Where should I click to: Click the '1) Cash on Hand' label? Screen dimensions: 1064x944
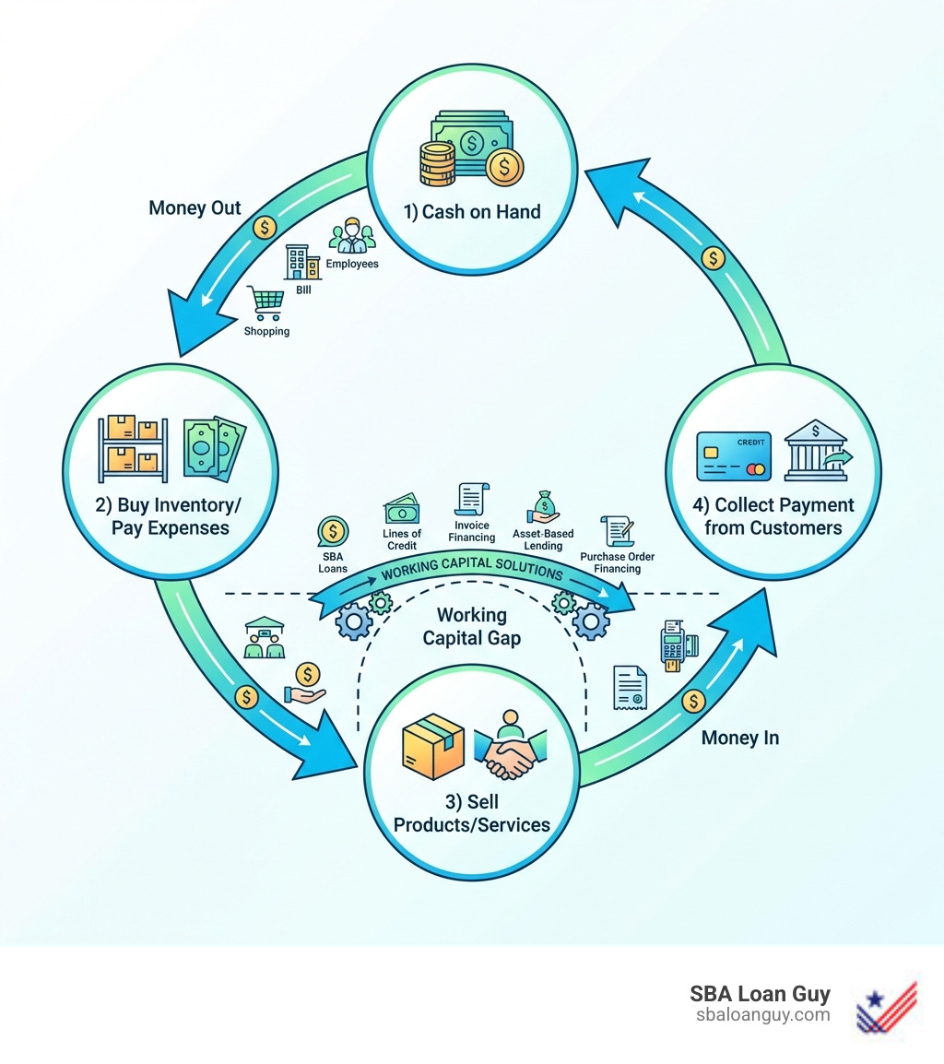472,211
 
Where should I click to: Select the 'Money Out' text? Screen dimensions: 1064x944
195,208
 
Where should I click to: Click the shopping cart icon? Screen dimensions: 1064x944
265,301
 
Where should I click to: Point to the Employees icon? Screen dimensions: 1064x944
350,236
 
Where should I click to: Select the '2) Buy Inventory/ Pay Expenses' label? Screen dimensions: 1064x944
170,517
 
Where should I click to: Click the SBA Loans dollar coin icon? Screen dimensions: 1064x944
333,533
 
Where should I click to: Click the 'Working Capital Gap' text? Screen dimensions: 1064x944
471,626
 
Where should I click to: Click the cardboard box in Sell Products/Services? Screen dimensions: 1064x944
433,745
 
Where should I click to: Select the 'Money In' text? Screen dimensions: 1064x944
739,738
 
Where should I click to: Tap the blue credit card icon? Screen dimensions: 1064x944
734,455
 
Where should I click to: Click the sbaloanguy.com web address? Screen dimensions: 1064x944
762,1015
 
